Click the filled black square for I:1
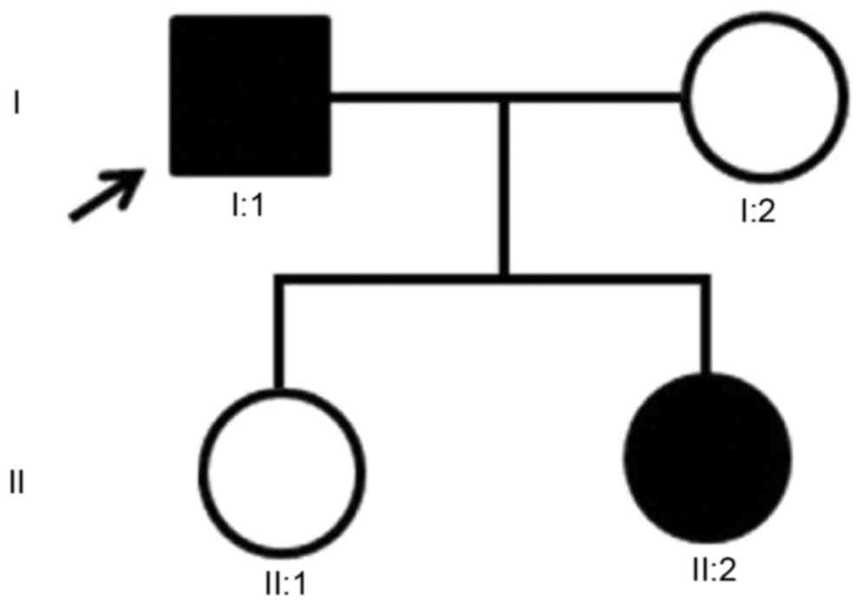(x=251, y=95)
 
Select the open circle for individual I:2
(x=764, y=95)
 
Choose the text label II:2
(x=709, y=571)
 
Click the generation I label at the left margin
(x=16, y=103)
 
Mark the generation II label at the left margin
(x=18, y=480)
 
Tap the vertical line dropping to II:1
(x=279, y=334)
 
